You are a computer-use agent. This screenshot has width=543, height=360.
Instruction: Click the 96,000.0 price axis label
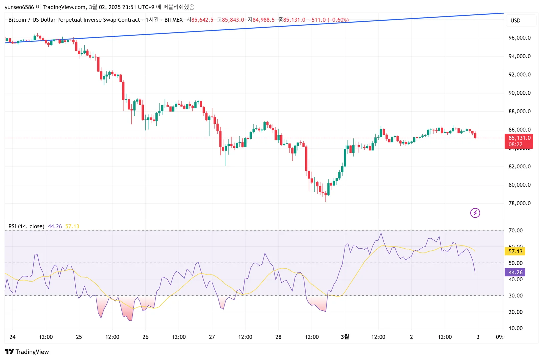tap(519, 38)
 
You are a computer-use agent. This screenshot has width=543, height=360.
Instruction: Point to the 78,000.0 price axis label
tap(519, 203)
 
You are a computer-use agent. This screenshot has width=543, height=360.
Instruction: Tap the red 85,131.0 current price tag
tap(519, 138)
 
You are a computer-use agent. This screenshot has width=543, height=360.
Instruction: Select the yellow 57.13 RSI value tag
tap(515, 251)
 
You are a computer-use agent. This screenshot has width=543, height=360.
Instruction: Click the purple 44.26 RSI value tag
tap(515, 272)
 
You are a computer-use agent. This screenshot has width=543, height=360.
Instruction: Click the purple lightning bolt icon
tap(475, 213)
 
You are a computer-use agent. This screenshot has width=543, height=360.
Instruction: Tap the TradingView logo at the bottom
tap(27, 352)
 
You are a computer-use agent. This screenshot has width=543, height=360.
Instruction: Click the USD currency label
tap(515, 21)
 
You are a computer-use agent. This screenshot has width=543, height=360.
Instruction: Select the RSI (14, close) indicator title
tap(26, 226)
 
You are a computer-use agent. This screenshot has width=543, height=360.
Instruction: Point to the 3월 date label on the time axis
tap(345, 337)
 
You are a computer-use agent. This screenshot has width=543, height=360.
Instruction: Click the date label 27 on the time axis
tap(212, 337)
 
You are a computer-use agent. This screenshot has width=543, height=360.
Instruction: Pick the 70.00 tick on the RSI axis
tap(515, 230)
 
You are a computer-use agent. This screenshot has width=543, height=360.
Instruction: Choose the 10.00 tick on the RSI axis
tap(515, 328)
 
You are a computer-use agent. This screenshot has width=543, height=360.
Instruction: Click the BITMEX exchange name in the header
tap(173, 20)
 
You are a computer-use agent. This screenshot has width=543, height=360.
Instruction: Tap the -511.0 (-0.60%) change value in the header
tap(329, 20)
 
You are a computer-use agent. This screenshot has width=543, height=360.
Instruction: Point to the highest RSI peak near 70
tap(381, 233)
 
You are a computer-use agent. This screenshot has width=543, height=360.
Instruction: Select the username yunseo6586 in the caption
tap(19, 7)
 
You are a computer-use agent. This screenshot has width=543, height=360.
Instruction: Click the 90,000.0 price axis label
tap(519, 93)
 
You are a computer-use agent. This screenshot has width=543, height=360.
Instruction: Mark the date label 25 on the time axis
tap(79, 337)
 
